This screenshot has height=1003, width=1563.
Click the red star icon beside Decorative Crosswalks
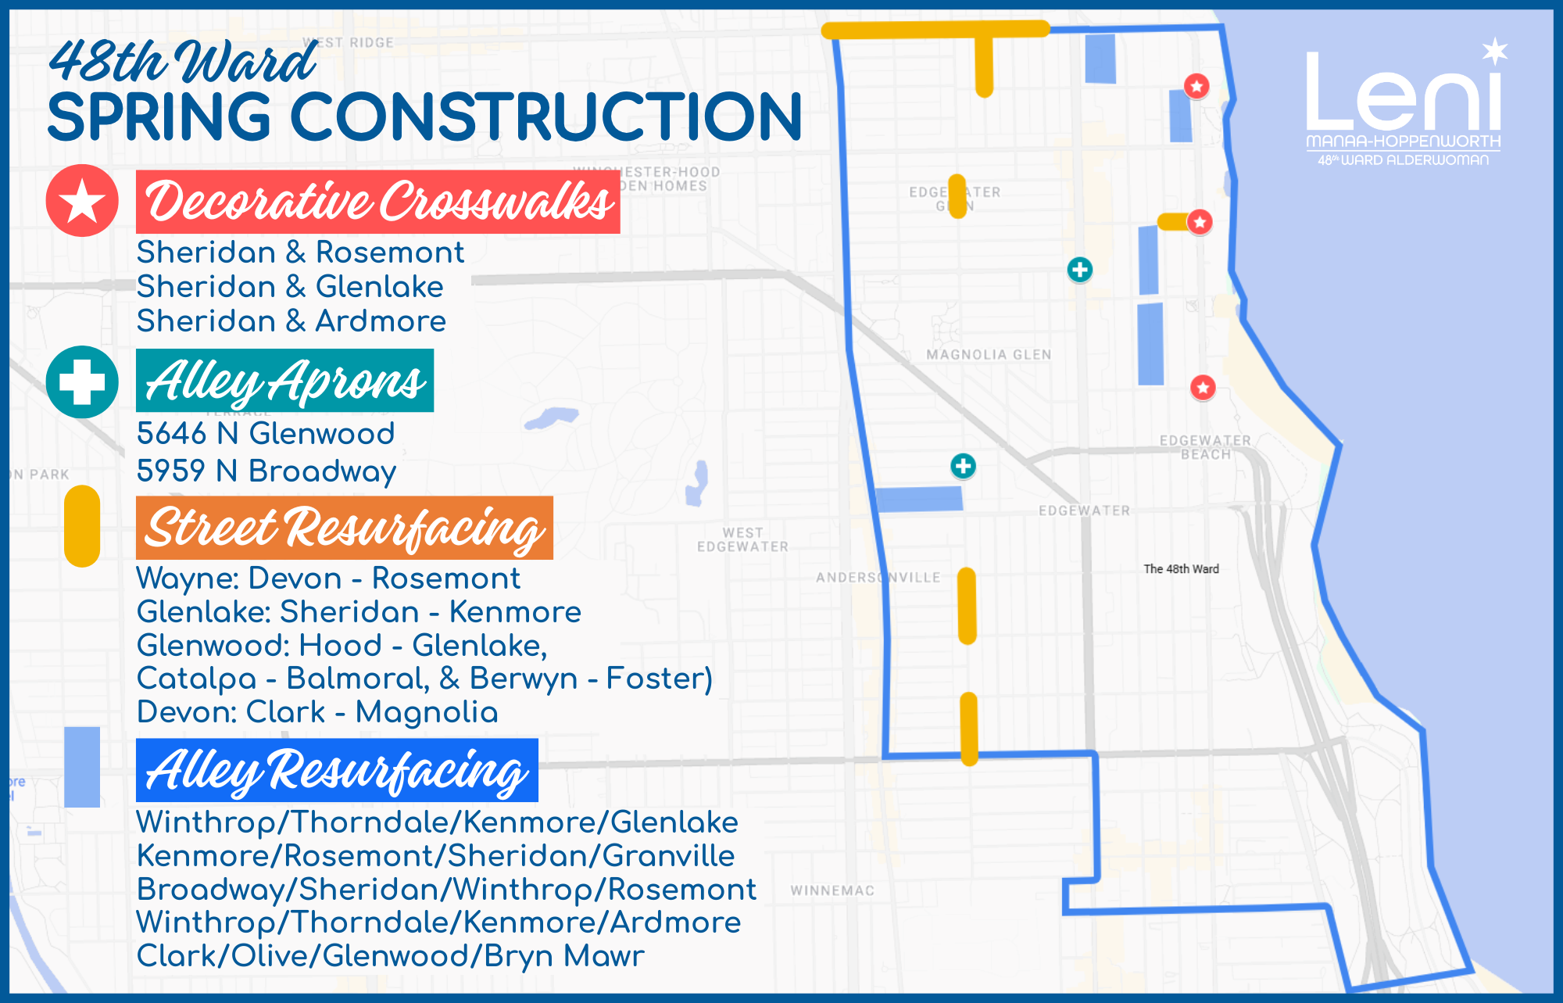(x=82, y=201)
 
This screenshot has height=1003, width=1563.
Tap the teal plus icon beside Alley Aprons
(x=82, y=381)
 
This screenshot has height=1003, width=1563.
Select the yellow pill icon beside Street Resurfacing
(x=82, y=526)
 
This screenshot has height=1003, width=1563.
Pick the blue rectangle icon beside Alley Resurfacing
(x=82, y=767)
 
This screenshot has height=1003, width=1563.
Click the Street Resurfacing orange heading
(x=344, y=528)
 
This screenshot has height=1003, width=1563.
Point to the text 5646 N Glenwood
(x=266, y=433)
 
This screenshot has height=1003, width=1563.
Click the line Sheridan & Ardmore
(x=291, y=321)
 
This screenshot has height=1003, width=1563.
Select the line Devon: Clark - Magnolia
(x=317, y=712)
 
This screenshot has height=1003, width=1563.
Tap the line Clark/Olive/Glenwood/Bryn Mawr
(x=390, y=956)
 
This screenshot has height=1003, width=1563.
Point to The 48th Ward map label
(x=1181, y=569)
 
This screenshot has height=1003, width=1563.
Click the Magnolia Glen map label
(x=989, y=355)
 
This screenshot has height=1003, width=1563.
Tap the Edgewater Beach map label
(x=1205, y=447)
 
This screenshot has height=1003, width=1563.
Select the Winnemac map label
(x=832, y=890)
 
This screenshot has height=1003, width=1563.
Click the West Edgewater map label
(x=742, y=539)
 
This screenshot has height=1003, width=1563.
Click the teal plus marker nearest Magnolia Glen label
(x=1080, y=270)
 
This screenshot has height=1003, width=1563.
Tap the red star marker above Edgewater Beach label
(x=1203, y=387)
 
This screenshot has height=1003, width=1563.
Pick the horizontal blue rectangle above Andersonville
(x=919, y=499)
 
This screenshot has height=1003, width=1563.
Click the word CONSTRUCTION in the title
(x=546, y=117)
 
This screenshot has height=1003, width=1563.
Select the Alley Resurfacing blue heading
(x=337, y=770)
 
